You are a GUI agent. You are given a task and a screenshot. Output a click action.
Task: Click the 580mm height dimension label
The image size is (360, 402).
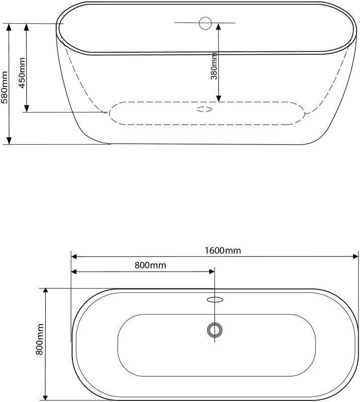coord(5,87)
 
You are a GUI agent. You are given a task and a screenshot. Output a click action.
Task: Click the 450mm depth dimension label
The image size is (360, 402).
coord(22,73)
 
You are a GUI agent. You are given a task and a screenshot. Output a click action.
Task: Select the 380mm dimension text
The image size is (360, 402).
coord(214,66)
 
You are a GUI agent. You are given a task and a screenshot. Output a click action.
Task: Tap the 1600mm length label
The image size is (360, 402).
coord(222,250)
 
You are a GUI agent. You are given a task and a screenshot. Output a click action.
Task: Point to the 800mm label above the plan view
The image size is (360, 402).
coord(150,265)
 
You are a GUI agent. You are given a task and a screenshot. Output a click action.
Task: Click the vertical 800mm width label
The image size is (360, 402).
coord(39,339)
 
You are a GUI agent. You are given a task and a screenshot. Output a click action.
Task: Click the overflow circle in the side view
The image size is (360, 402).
coord(205,23)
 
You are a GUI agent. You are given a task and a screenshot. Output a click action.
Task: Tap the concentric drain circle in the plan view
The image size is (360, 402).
coord(215,330)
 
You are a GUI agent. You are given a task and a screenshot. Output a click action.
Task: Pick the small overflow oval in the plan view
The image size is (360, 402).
coord(215,299)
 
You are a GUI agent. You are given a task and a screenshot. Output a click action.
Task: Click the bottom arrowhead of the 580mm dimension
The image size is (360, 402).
coord(9,141)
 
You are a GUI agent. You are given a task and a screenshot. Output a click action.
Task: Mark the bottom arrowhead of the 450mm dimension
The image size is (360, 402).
coord(27,109)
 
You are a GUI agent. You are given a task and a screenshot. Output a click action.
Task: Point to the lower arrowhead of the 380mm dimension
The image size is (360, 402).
coord(218,98)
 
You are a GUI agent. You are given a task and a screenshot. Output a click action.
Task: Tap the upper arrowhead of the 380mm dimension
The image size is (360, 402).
coord(218,27)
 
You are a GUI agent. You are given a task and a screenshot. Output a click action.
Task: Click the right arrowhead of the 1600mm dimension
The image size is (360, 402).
coord(355,257)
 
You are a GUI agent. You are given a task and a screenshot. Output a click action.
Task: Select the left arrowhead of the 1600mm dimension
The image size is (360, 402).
coord(74,257)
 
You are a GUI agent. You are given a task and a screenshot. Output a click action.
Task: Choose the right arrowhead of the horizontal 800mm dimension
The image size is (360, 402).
coord(211,272)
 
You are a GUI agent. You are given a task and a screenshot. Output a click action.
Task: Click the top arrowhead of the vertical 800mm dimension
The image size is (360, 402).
coord(46,291)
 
